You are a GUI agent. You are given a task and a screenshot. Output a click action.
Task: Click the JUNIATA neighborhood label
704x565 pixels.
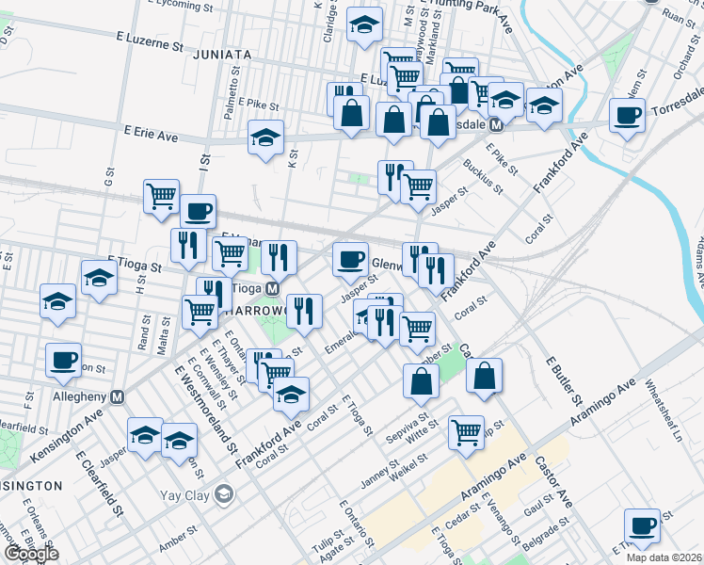pos(221,55)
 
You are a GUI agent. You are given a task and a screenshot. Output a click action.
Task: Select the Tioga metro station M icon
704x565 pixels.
pos(272,288)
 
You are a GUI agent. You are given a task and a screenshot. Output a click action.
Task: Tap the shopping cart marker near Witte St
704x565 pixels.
pos(465,431)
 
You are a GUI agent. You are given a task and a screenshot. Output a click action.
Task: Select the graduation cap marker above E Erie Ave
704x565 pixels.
pos(266,137)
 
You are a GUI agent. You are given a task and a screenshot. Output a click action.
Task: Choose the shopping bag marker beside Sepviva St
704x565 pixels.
pos(421,380)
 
